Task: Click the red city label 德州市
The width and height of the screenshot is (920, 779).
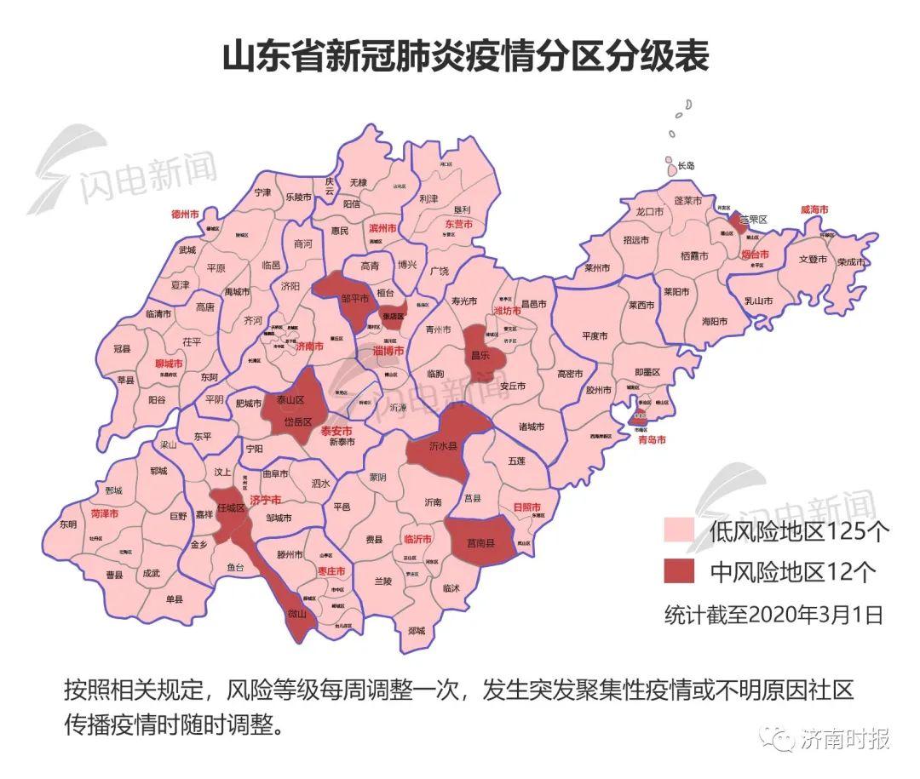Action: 185,214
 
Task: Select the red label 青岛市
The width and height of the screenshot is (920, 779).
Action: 650,439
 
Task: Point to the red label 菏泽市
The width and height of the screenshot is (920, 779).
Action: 105,514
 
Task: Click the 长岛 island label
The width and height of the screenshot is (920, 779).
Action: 685,165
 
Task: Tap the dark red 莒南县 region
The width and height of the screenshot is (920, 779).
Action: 481,541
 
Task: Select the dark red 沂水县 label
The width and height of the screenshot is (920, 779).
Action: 443,445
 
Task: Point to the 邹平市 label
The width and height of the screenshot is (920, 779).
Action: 355,299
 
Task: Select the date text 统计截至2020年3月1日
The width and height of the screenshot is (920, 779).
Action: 773,615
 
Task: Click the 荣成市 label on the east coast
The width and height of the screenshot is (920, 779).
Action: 850,262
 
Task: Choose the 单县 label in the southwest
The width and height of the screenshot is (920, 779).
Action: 175,599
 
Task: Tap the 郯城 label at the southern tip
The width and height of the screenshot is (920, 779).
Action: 417,630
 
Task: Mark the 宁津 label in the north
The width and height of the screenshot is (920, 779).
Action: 262,193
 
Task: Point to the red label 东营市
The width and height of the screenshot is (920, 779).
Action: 458,224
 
